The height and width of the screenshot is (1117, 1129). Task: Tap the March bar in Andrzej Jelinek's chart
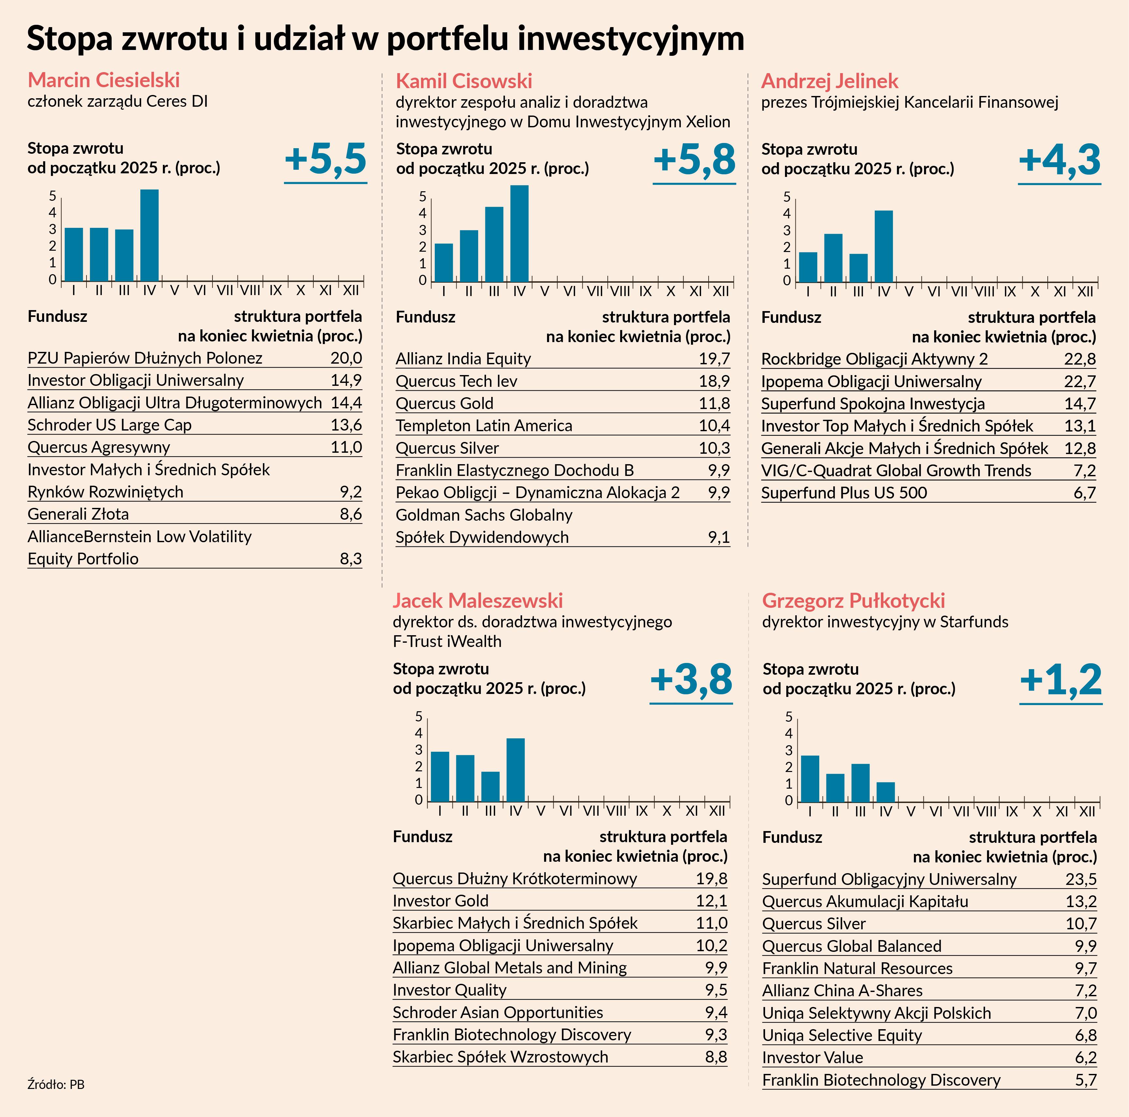click(858, 268)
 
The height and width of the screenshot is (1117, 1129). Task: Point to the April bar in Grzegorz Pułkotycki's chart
click(886, 792)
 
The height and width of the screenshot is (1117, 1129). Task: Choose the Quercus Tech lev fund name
click(456, 381)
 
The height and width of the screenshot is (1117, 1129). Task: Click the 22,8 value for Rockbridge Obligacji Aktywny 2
click(1079, 358)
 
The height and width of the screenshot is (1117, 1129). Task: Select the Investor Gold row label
click(441, 901)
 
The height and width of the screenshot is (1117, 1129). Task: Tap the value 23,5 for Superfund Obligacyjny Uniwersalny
click(1080, 879)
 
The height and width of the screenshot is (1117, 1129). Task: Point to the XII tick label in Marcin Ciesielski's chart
click(351, 290)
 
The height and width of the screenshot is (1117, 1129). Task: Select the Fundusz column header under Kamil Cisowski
click(425, 317)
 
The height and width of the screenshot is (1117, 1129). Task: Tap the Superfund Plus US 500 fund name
click(844, 493)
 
